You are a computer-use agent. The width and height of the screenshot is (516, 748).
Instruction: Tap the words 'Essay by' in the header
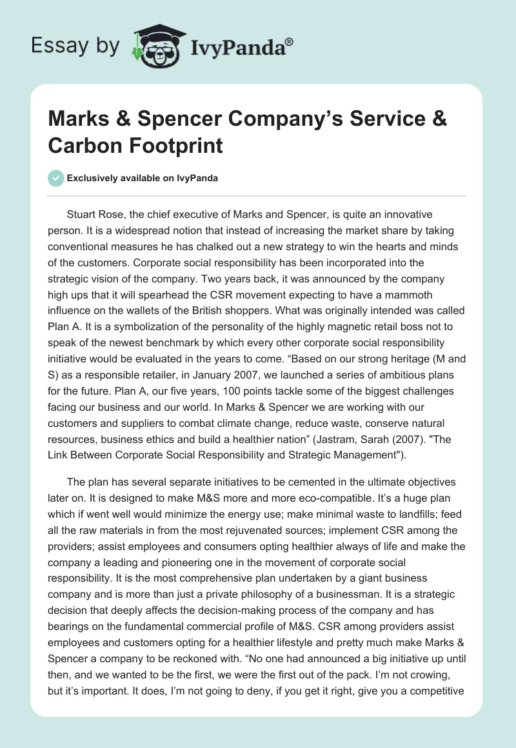(x=75, y=45)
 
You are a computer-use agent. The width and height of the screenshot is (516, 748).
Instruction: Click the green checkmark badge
(x=56, y=178)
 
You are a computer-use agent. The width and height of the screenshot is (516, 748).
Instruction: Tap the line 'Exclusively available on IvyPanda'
(x=143, y=178)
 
